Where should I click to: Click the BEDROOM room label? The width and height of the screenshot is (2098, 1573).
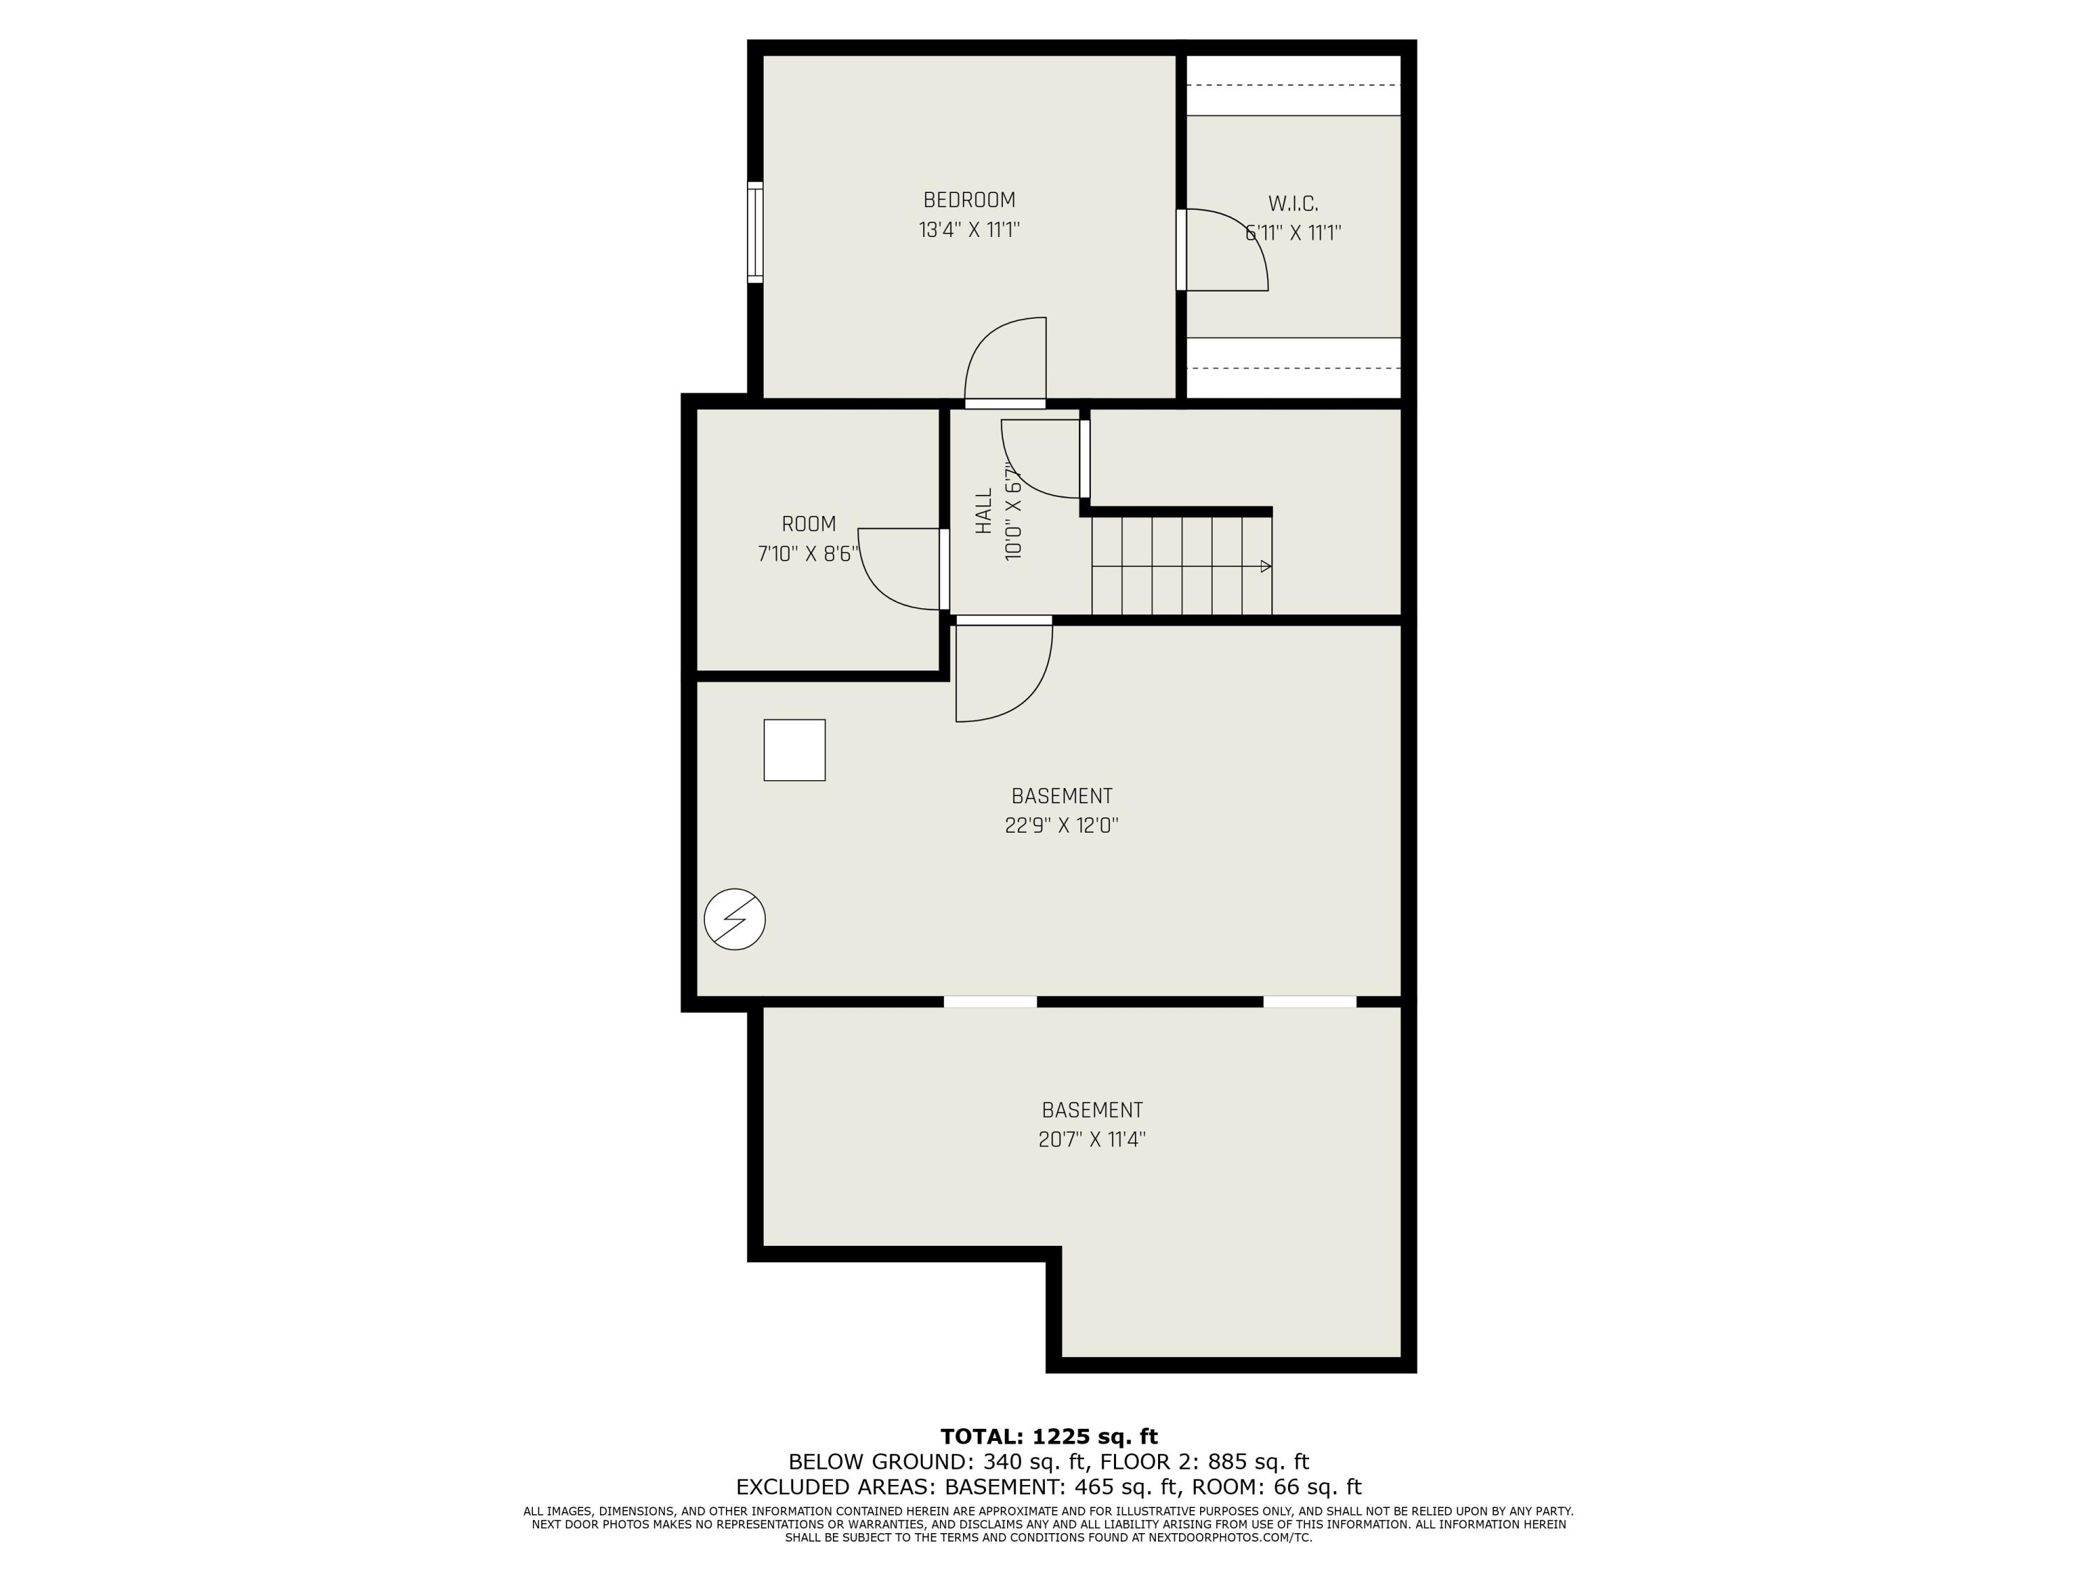[969, 200]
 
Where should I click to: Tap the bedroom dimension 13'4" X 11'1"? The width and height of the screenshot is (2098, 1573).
[969, 229]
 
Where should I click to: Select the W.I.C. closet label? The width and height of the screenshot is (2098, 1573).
[1293, 203]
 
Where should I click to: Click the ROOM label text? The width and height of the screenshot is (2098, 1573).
[808, 524]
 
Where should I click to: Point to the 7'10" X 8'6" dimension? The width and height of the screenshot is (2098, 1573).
[808, 554]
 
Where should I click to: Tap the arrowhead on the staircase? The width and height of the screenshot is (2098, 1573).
[1265, 566]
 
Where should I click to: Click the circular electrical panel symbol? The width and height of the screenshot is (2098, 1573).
[734, 919]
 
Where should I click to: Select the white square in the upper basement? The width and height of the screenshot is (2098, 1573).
[794, 750]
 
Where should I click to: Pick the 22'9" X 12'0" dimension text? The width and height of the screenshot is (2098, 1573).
[1062, 825]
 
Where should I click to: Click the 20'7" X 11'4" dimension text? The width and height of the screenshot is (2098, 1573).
[1092, 1139]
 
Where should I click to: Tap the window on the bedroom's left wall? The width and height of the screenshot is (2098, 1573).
[755, 232]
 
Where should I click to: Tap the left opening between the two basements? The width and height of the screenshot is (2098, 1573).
[990, 1001]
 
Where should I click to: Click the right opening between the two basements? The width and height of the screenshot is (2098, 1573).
[1309, 1001]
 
